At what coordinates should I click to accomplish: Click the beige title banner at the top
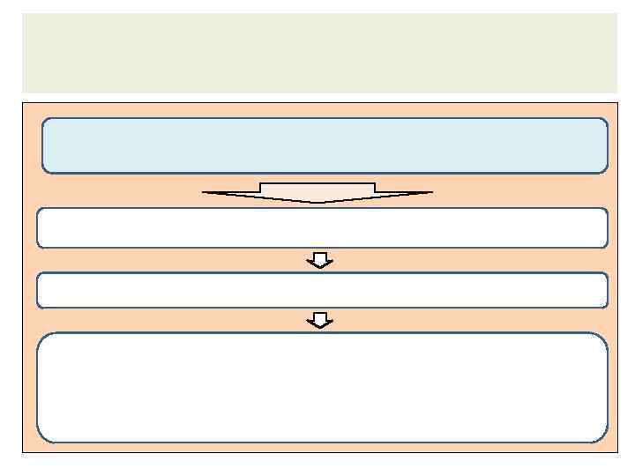319,53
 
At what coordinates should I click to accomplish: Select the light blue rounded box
325,145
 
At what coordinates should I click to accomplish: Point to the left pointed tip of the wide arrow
205,192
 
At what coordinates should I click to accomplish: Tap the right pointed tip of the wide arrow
431,192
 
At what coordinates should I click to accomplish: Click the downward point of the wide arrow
317,203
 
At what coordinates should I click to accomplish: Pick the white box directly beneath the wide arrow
322,228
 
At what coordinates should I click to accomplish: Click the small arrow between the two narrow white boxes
320,260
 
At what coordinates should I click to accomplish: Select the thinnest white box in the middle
322,290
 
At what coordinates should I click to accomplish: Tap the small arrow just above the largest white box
320,321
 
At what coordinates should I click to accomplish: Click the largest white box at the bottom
322,388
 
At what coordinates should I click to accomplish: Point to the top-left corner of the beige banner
23,14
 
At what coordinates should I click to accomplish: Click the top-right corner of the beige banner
616,14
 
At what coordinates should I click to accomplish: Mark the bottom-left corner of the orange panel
24,451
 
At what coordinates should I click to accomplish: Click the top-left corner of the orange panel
24,104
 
